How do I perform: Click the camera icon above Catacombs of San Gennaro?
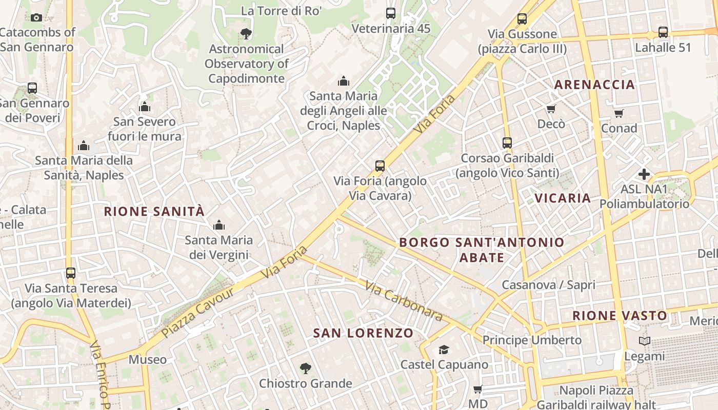(36, 18)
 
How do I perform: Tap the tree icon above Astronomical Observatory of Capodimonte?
(246, 34)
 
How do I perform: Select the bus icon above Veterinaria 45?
(391, 13)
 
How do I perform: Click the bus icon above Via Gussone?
(522, 19)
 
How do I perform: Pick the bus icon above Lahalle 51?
(663, 32)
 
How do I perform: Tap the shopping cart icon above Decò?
(551, 109)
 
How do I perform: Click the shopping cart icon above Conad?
(619, 113)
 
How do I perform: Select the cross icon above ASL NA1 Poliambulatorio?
(644, 174)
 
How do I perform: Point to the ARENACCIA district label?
(595, 85)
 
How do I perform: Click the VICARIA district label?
(563, 198)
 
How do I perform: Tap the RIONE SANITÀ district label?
(154, 211)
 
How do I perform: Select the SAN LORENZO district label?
(363, 333)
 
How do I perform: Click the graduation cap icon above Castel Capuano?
(444, 350)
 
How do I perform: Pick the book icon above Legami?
(645, 341)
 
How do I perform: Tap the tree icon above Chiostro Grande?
(306, 368)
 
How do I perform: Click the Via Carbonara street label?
(405, 301)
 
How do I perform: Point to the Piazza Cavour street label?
(197, 313)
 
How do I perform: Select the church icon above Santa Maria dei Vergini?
(219, 225)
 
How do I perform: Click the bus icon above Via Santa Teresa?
(71, 273)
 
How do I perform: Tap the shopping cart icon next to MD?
(477, 389)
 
